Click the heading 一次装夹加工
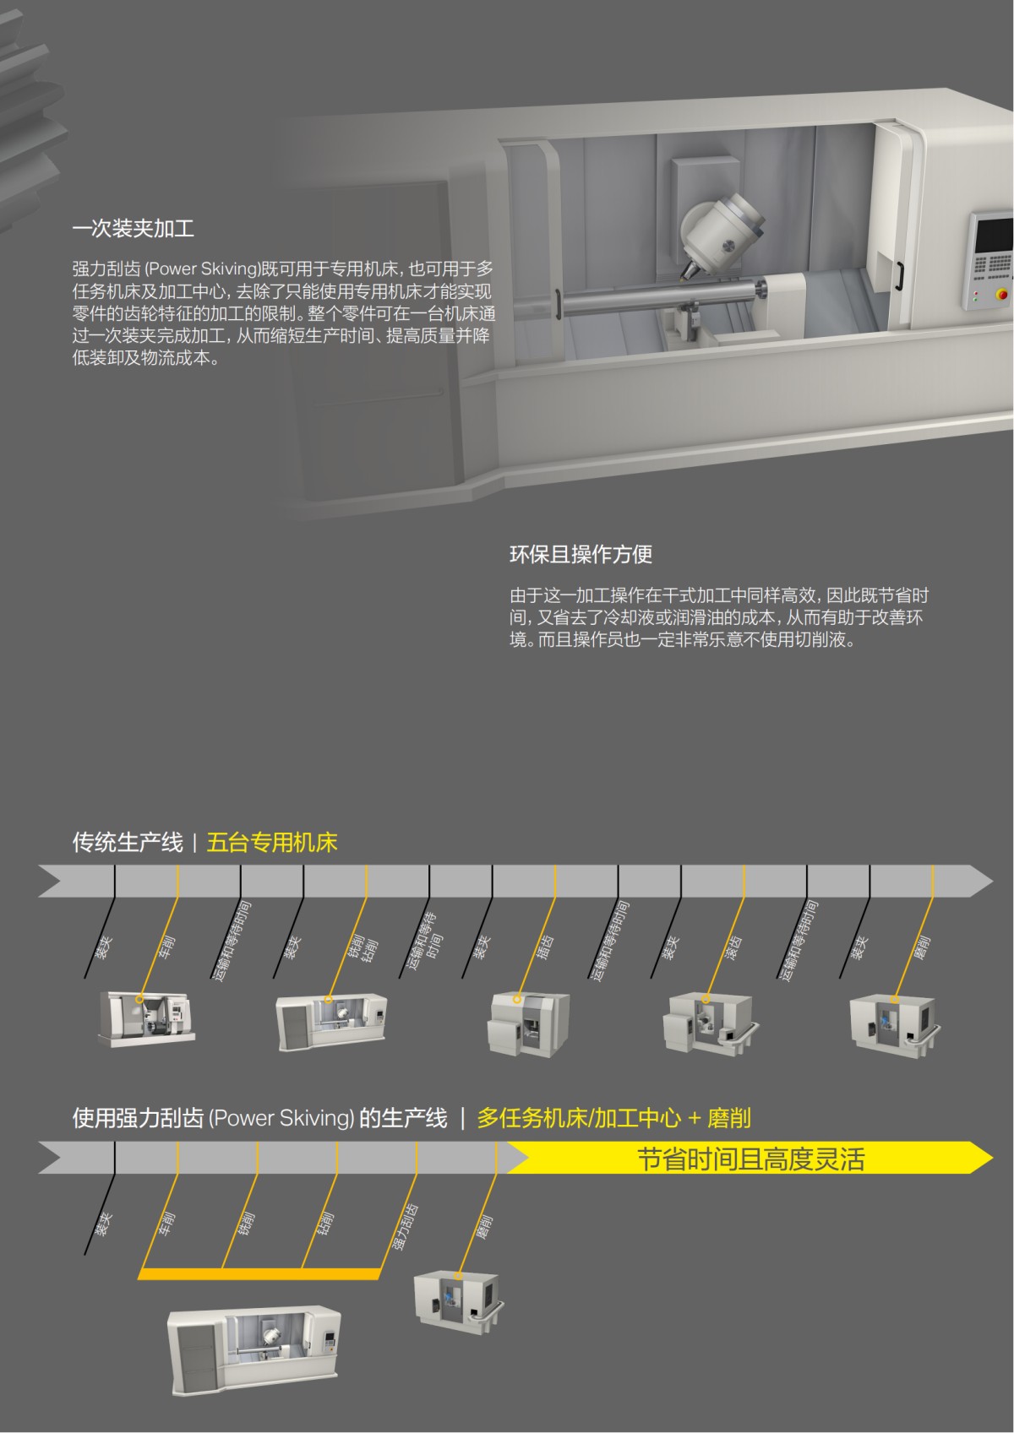pos(134,229)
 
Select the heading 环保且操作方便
pos(581,555)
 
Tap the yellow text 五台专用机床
pos(271,843)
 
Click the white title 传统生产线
pos(127,843)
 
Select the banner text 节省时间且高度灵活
pos(750,1159)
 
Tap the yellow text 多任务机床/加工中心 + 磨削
pos(613,1119)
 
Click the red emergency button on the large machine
pos(1003,295)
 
